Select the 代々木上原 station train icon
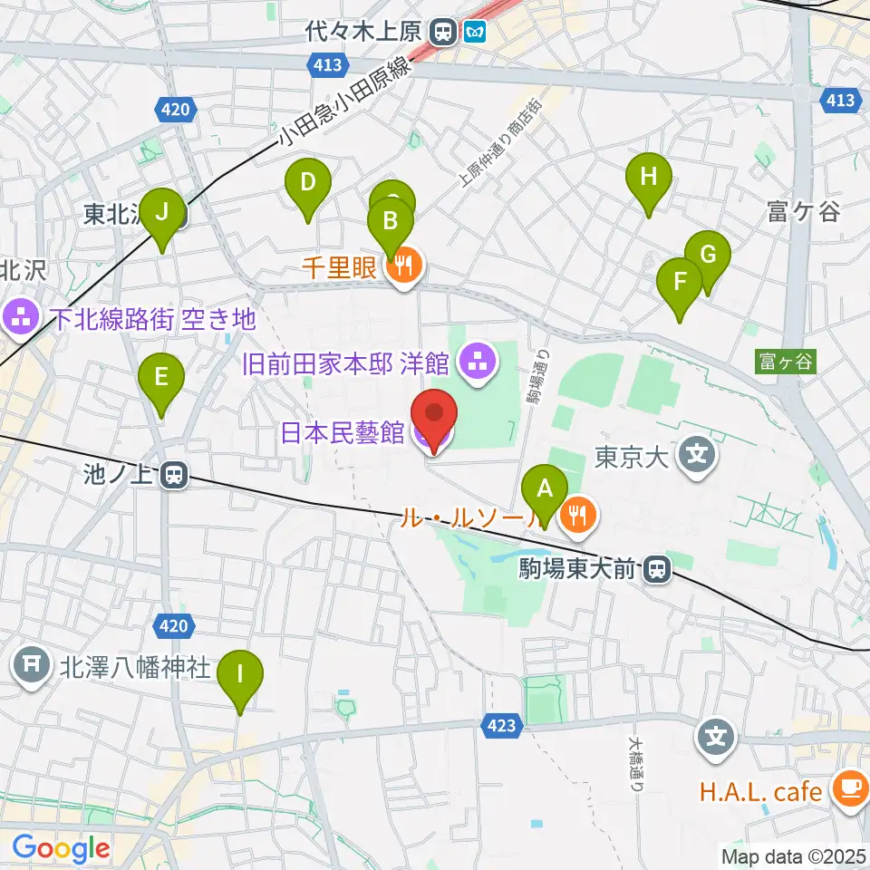click(444, 33)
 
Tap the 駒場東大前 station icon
click(657, 570)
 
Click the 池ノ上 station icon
click(173, 474)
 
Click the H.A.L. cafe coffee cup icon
click(850, 788)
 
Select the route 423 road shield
click(501, 725)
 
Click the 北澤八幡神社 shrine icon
click(33, 669)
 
